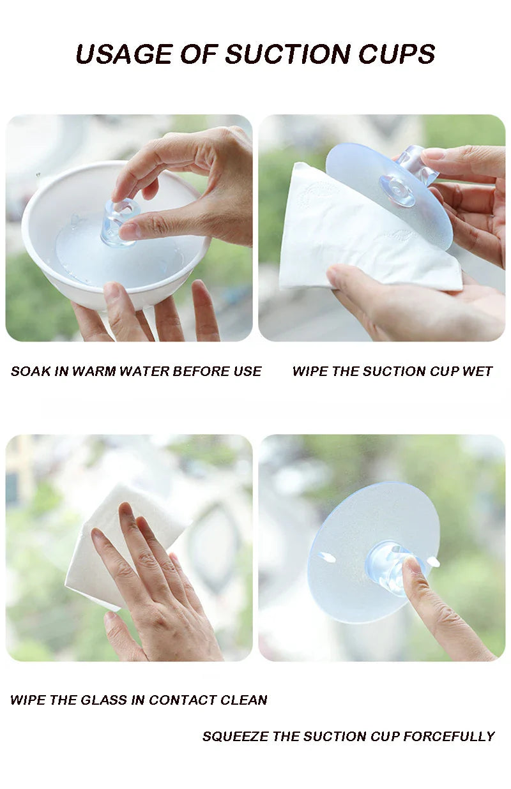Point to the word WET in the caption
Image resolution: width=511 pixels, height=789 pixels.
(477, 372)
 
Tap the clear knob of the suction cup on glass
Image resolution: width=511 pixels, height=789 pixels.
(386, 565)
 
